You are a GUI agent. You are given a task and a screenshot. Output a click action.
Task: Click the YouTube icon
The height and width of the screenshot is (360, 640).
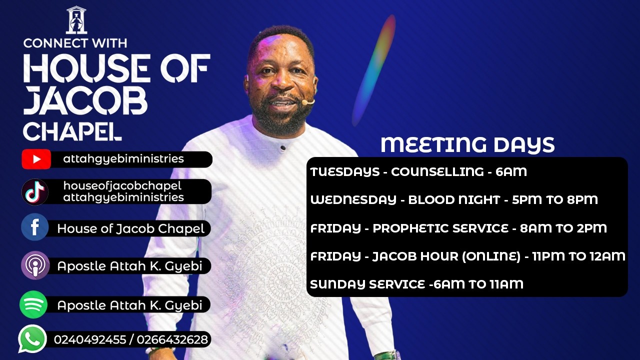pyautogui.click(x=36, y=159)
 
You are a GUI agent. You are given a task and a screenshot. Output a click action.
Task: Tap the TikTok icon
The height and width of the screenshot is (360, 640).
pyautogui.click(x=35, y=192)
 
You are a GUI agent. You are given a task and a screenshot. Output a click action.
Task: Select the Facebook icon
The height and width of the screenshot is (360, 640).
pyautogui.click(x=35, y=228)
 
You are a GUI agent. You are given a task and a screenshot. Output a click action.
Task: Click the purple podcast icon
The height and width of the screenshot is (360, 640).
pyautogui.click(x=35, y=265)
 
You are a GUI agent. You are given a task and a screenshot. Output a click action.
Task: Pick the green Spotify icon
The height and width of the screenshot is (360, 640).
pyautogui.click(x=33, y=304)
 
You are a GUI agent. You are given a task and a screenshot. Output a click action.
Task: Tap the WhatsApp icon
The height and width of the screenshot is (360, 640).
pyautogui.click(x=32, y=339)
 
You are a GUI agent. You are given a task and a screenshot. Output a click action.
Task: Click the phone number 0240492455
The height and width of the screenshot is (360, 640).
pyautogui.click(x=89, y=340)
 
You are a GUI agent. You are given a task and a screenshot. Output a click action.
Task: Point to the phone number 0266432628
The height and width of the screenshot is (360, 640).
pyautogui.click(x=172, y=340)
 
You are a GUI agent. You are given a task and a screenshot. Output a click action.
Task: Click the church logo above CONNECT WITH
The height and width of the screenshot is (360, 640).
pyautogui.click(x=76, y=20)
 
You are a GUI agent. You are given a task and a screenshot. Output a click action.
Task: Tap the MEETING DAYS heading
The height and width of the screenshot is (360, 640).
pyautogui.click(x=467, y=145)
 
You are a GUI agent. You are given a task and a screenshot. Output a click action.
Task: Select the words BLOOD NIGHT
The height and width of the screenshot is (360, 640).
pyautogui.click(x=454, y=200)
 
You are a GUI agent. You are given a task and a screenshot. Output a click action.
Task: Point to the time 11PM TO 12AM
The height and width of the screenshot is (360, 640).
pyautogui.click(x=580, y=256)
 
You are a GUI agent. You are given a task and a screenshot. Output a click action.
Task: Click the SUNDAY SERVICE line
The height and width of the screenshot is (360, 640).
pyautogui.click(x=416, y=284)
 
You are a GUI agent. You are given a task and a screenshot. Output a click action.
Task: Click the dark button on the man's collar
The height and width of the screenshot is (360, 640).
pyautogui.click(x=283, y=148)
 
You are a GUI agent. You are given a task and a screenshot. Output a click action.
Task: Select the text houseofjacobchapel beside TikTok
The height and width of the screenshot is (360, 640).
pyautogui.click(x=122, y=186)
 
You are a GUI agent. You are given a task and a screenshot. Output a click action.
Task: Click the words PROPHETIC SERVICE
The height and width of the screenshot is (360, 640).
pyautogui.click(x=440, y=228)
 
